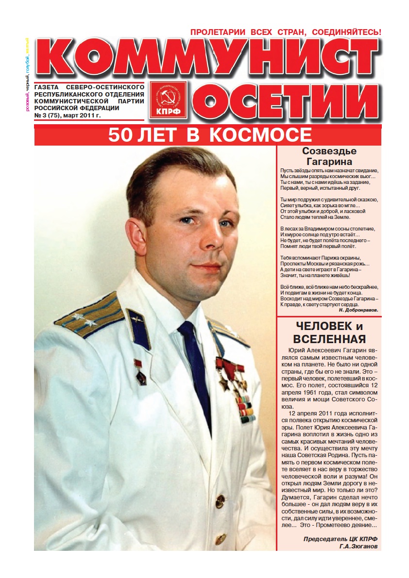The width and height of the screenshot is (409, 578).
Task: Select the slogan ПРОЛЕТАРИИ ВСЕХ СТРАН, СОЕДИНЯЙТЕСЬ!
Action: [x=286, y=32]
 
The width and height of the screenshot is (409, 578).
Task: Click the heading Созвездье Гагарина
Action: [x=329, y=156]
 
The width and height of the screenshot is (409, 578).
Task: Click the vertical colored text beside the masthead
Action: [x=28, y=73]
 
